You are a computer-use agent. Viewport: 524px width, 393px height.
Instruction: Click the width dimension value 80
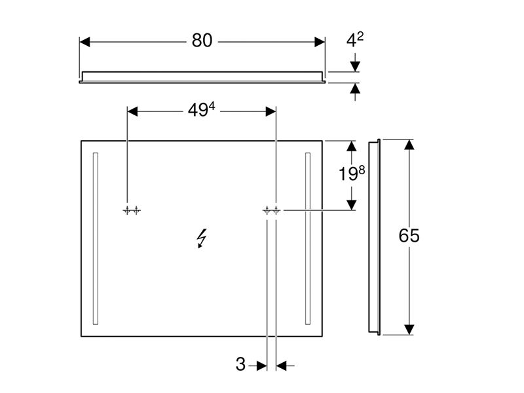tap(202, 41)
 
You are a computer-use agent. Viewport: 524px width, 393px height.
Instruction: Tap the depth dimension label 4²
tap(355, 40)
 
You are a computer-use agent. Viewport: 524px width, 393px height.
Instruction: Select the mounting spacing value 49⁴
tap(202, 109)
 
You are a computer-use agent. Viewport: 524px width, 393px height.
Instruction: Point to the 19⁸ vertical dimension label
tap(352, 174)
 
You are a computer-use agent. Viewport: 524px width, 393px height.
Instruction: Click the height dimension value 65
tap(409, 235)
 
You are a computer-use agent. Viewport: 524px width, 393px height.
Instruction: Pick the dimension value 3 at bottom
tap(240, 364)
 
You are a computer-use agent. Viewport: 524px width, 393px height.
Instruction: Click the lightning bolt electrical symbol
tap(202, 238)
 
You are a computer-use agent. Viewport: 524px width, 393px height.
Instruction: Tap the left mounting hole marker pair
tap(132, 210)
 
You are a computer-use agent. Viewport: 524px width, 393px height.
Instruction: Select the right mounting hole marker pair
tap(271, 210)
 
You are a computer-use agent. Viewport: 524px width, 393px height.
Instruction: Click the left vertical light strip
tap(96, 238)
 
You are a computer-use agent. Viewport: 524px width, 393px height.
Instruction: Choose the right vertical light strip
tap(308, 238)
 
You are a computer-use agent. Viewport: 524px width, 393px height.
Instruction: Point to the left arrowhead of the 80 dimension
tap(85, 42)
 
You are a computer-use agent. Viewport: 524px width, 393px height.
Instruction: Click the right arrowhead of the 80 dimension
tap(320, 42)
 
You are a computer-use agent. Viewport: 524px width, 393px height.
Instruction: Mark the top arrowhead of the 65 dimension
tap(409, 145)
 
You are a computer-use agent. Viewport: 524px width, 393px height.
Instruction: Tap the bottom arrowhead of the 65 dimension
tap(409, 329)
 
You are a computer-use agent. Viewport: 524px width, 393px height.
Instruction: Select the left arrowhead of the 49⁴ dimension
tap(132, 111)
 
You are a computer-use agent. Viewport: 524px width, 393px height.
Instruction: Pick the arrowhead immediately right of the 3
tap(282, 366)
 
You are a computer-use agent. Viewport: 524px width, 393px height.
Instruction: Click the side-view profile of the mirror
tap(374, 237)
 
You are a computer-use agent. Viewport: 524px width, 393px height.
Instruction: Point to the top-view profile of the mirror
tap(202, 77)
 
